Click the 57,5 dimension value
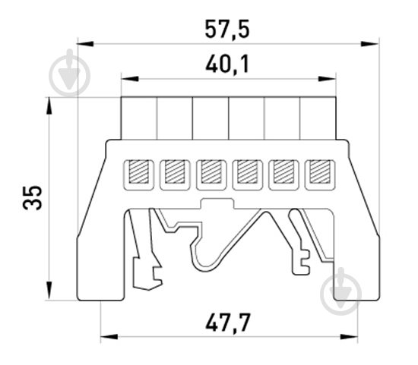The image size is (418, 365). coord(227,29)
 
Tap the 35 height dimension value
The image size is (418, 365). coord(33,197)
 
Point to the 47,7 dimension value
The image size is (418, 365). coord(228,323)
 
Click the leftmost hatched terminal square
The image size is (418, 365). coord(138,171)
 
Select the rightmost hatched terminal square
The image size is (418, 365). coord(320,171)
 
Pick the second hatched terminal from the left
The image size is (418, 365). coord(175,171)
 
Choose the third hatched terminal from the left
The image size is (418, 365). coord(211,171)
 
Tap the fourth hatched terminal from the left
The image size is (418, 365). coord(248,171)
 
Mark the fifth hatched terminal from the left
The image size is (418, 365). coord(283,171)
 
